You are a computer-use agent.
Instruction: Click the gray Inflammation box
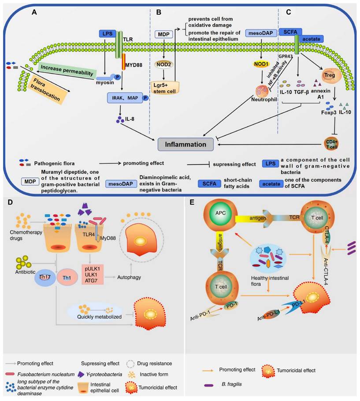click(186, 144)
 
